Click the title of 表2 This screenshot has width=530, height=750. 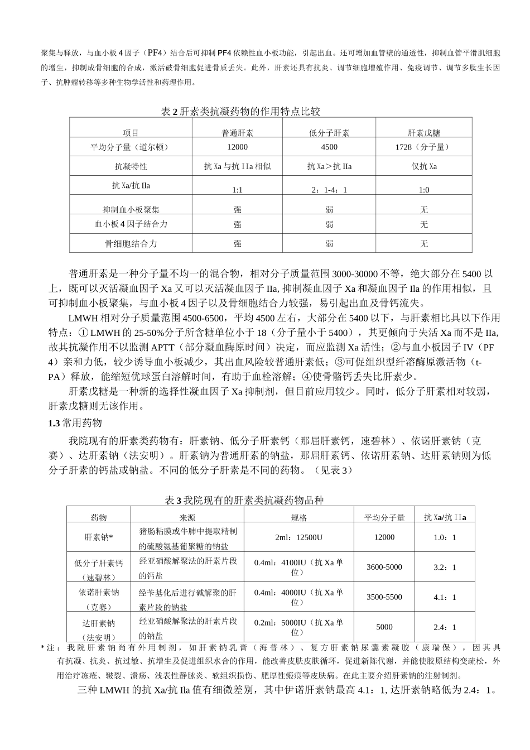tap(240, 112)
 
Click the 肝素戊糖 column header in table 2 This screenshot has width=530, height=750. tap(423, 133)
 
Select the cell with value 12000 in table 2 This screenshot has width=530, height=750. tap(238, 147)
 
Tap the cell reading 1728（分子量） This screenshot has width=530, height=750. tap(423, 147)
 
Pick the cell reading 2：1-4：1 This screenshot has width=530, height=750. tap(329, 190)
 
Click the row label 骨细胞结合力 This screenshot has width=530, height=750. tap(131, 243)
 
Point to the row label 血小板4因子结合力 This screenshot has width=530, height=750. tap(131, 224)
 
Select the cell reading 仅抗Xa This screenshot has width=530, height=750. tap(423, 166)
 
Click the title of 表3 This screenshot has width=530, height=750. tap(244, 501)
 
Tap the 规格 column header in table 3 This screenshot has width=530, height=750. tap(298, 517)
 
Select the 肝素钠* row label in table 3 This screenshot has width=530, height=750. tap(99, 537)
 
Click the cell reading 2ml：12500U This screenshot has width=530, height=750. tap(298, 537)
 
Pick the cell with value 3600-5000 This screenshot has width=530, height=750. tap(384, 567)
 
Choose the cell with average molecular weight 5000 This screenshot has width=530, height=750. tap(384, 627)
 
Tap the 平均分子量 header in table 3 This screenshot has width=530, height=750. tap(384, 517)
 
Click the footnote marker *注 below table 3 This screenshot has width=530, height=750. tap(49, 648)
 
